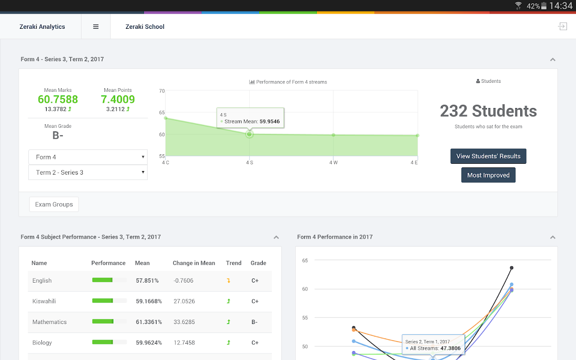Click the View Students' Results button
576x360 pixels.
[488, 156]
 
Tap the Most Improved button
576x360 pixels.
[488, 175]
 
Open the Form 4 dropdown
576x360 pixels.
[88, 157]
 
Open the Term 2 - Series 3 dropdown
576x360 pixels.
[88, 172]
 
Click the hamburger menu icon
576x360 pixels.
[96, 27]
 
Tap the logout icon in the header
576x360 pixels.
[562, 27]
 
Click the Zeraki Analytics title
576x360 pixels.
[42, 27]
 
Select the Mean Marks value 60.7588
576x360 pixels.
[58, 99]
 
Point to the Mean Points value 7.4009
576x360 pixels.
[118, 99]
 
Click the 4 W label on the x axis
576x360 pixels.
[333, 162]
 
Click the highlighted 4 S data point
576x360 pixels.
[249, 134]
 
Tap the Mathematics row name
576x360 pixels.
[49, 322]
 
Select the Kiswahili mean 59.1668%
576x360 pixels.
[149, 301]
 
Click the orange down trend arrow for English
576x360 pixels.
[229, 281]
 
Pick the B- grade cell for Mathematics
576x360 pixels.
[255, 322]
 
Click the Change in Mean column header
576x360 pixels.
[194, 263]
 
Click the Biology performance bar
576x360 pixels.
[109, 342]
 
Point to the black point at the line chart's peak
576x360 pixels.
[512, 268]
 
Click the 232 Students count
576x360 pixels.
[488, 111]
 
